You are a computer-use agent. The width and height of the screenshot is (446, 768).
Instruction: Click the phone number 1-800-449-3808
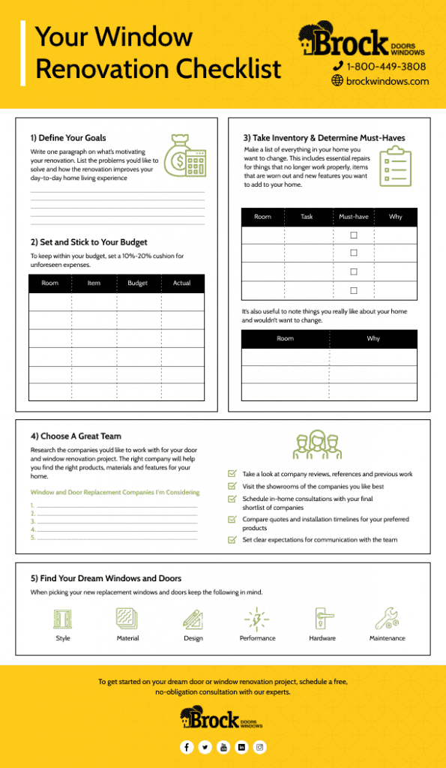coord(385,66)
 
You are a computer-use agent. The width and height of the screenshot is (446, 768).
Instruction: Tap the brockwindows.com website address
coord(388,81)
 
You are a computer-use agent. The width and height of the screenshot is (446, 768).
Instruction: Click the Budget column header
coord(138,283)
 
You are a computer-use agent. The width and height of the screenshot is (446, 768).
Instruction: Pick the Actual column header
coord(182,283)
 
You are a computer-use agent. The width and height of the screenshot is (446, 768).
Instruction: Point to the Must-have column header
coord(354,217)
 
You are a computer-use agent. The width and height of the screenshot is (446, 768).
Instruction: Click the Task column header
coord(307,217)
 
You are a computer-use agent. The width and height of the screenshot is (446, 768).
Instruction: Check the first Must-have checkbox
coord(354,235)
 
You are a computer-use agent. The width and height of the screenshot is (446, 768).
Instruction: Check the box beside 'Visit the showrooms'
coord(232,486)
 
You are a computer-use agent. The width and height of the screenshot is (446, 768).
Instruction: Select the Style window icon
coord(63,619)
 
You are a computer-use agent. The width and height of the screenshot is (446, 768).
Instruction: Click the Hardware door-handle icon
coord(322,619)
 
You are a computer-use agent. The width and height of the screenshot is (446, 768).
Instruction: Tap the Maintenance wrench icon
coord(386,619)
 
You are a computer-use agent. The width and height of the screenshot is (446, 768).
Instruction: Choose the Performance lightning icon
coord(257,619)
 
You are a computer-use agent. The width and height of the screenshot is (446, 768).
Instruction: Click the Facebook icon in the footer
coord(187,747)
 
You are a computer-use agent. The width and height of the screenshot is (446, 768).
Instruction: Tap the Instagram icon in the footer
coord(259,747)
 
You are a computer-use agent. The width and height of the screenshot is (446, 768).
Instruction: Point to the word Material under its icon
coord(127,638)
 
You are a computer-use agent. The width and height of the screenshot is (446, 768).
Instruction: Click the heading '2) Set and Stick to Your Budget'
coord(89,242)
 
